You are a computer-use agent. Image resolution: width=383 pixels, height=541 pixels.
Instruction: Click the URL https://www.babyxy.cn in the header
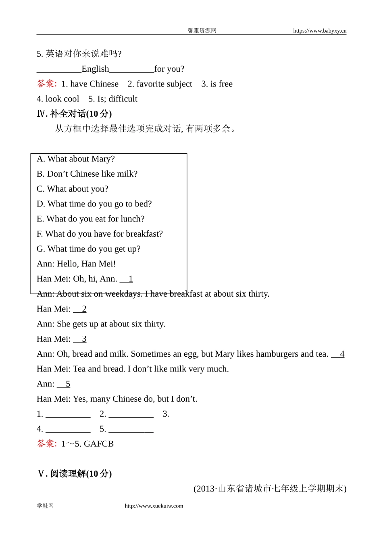[319, 31]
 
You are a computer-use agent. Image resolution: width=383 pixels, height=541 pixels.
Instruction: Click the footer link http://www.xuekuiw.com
[154, 506]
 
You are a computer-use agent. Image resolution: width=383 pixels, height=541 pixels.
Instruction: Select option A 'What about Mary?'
[76, 159]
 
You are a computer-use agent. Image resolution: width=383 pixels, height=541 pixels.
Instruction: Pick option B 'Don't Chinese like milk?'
[87, 174]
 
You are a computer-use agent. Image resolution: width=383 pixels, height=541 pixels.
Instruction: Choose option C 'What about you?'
[73, 189]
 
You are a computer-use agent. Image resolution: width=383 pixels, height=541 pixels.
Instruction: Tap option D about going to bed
[94, 204]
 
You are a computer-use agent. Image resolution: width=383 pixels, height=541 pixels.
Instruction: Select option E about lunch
[91, 219]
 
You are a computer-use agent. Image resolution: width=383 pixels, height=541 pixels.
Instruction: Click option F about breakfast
[100, 234]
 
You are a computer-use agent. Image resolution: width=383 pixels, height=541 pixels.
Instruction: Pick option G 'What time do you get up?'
[89, 249]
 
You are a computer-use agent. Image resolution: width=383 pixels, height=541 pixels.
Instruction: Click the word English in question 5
[95, 69]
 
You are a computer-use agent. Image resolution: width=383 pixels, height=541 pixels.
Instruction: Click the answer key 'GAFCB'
[99, 444]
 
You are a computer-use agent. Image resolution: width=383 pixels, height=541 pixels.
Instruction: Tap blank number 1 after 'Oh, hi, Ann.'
[127, 279]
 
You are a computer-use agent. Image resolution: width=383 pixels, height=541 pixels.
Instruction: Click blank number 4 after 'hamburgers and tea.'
[338, 354]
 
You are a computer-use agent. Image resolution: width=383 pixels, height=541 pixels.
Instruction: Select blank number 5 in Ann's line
[64, 384]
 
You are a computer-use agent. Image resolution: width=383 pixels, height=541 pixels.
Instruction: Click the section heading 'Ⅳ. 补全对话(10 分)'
[74, 114]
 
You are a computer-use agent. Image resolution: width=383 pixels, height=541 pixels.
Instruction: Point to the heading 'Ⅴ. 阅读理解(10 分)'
[74, 474]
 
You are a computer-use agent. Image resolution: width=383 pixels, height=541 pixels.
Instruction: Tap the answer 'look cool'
[62, 99]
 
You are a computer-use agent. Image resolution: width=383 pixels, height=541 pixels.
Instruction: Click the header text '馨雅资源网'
[202, 31]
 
